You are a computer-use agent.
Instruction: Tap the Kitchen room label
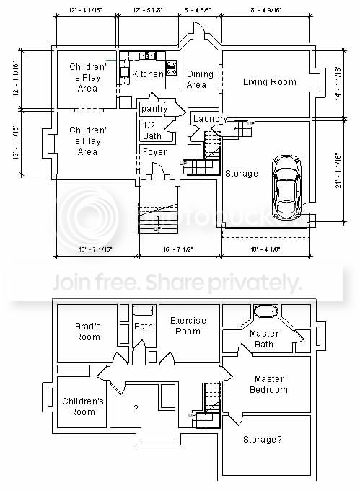(147, 75)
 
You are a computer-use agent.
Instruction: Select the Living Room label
(269, 82)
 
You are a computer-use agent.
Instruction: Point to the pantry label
(154, 109)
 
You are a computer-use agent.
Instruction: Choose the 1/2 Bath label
(152, 130)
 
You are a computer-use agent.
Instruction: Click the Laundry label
(210, 119)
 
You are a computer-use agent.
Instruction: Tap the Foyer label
(154, 152)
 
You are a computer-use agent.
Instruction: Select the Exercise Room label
(188, 326)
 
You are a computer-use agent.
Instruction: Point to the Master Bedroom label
(269, 384)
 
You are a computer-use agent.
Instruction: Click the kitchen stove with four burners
(172, 68)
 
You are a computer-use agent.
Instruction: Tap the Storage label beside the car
(242, 173)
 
